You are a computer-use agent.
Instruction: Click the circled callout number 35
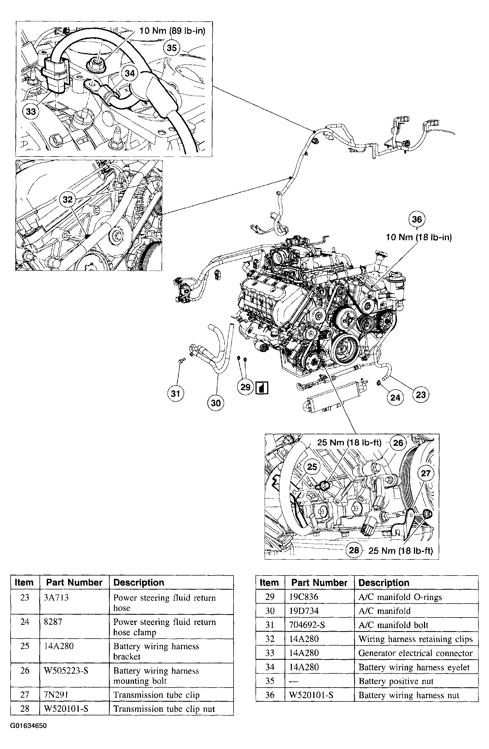172,48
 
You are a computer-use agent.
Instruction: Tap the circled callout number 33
31,111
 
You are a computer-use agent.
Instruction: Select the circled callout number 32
68,200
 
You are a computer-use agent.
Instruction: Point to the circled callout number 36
417,219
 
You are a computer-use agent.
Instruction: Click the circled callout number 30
215,403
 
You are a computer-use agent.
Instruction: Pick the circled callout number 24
395,398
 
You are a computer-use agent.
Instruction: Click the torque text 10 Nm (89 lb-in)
172,31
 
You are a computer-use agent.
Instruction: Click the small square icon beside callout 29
262,388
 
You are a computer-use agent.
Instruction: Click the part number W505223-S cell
66,670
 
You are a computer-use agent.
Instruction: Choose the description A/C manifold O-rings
400,597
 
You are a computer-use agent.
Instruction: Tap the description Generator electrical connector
415,653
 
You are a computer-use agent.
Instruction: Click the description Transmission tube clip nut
164,709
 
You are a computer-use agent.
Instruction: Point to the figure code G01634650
28,726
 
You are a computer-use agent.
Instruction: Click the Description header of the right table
384,582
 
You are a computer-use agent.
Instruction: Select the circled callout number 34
130,73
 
